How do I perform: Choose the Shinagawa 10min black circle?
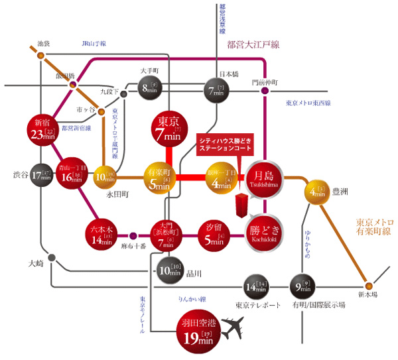169,269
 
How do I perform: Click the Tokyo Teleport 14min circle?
256,286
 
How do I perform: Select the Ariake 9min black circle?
302,286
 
